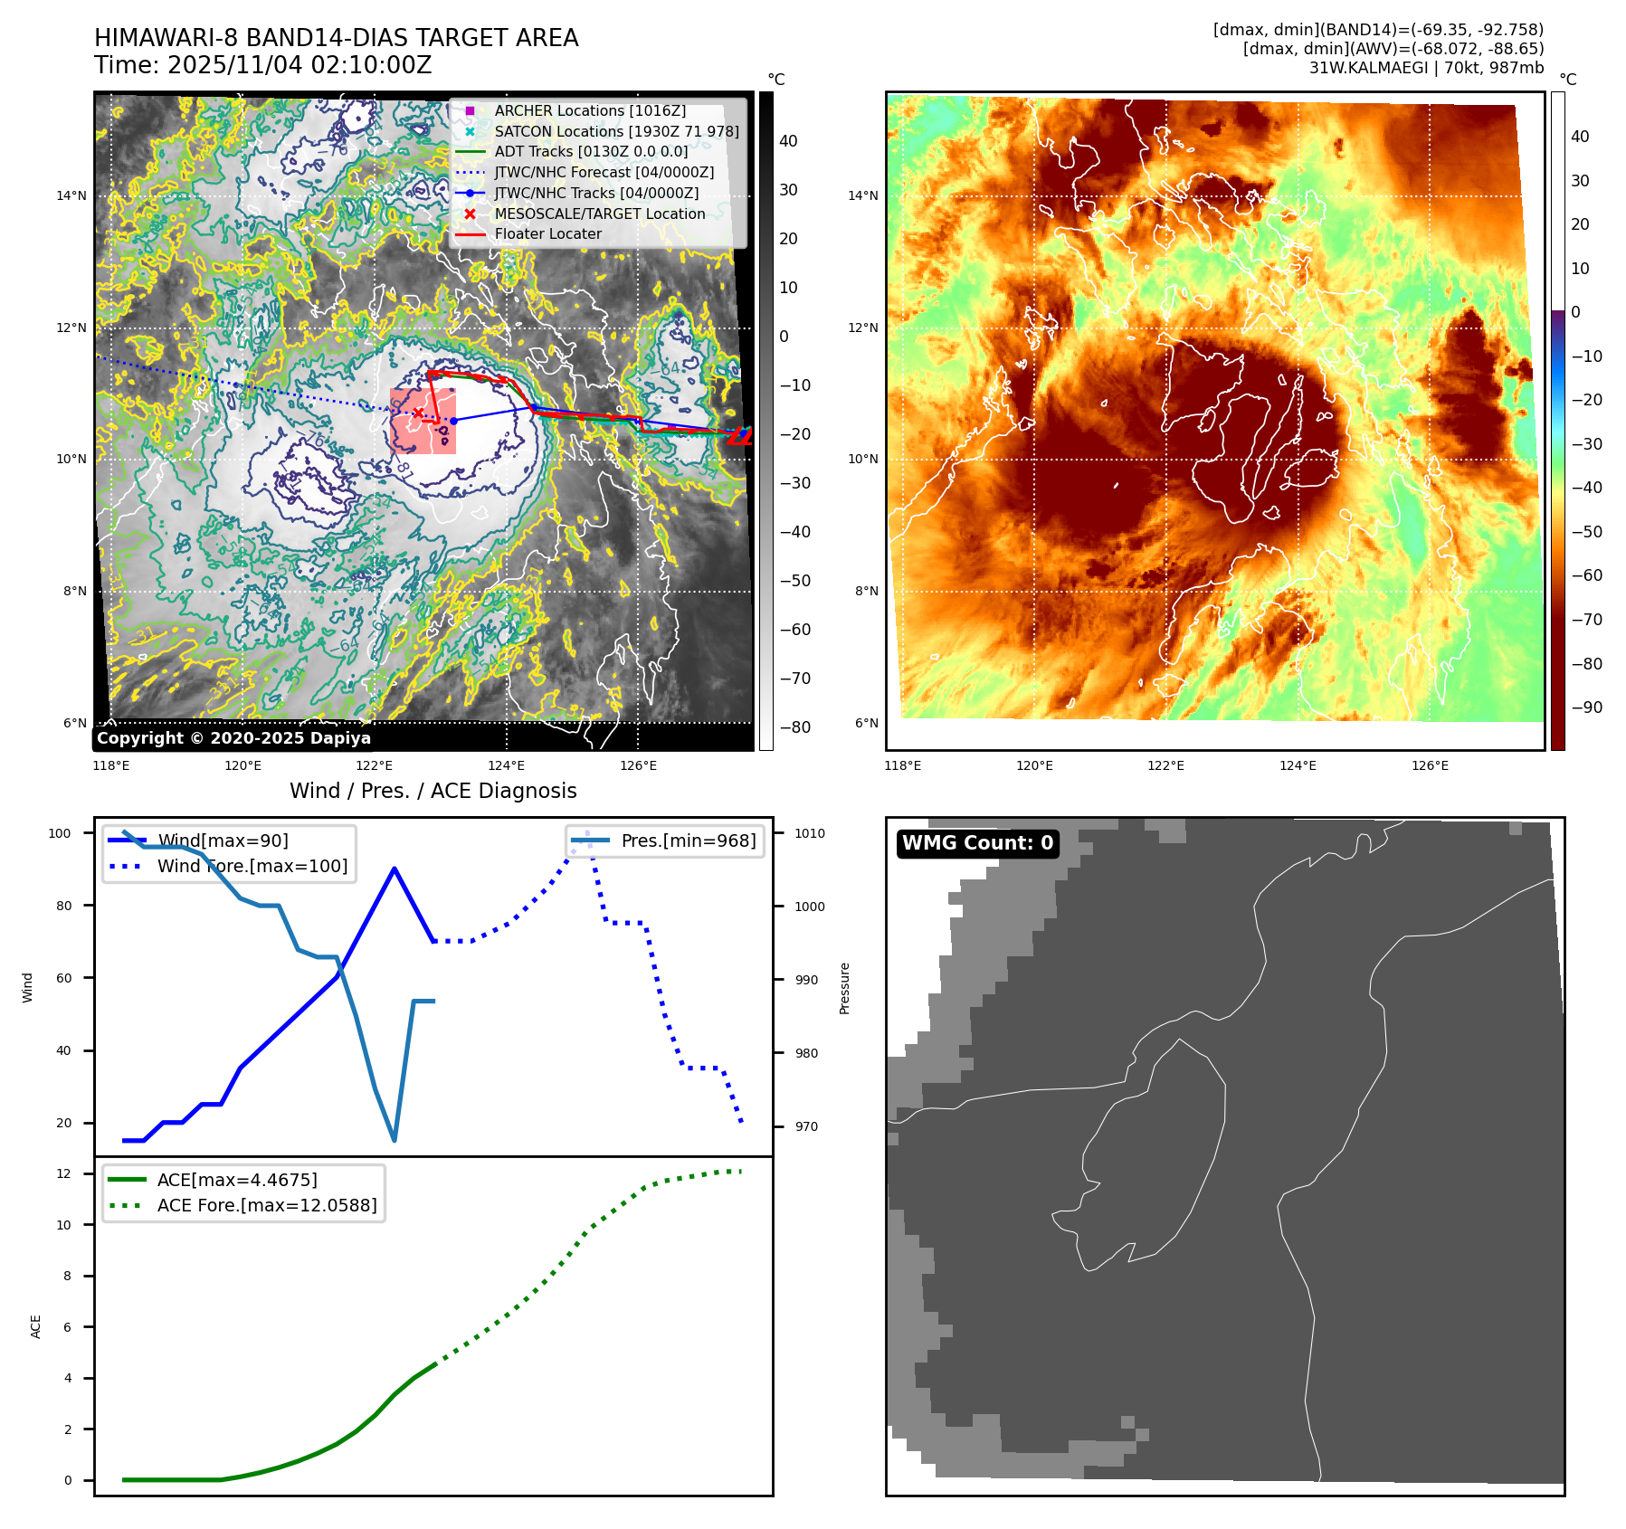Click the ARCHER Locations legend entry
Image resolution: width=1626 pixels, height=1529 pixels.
[x=590, y=110]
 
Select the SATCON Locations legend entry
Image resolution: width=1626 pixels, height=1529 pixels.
[x=616, y=131]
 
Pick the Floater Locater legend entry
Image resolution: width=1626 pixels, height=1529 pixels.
[x=547, y=233]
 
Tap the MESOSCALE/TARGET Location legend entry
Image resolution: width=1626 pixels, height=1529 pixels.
[x=599, y=214]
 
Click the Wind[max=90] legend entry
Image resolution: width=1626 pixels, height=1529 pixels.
[x=223, y=840]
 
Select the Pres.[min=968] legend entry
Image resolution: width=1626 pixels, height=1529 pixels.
[x=688, y=840]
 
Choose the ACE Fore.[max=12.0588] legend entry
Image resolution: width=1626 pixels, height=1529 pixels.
[x=266, y=1205]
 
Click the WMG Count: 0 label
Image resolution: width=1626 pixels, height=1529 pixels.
[x=977, y=843]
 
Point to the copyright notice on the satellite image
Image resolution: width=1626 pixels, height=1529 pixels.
[x=233, y=738]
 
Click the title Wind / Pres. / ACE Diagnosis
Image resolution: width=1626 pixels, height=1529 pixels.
[x=433, y=791]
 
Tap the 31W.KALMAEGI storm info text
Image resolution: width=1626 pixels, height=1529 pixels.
[x=1426, y=68]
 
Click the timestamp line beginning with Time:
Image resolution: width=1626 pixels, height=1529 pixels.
[x=262, y=66]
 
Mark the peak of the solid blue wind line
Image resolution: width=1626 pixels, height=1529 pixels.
[x=395, y=869]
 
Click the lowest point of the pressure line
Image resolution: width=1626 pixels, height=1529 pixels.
[x=395, y=1140]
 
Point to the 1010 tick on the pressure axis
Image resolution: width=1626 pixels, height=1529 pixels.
[x=810, y=833]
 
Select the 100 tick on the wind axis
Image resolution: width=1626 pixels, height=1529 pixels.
[x=60, y=833]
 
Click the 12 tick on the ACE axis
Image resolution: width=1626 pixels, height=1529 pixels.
[x=64, y=1173]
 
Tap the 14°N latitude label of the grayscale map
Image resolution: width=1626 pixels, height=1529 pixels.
[x=71, y=195]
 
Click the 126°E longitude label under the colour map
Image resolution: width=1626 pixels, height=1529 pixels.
[x=1430, y=765]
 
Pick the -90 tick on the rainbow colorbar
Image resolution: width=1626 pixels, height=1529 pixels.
[x=1586, y=708]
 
